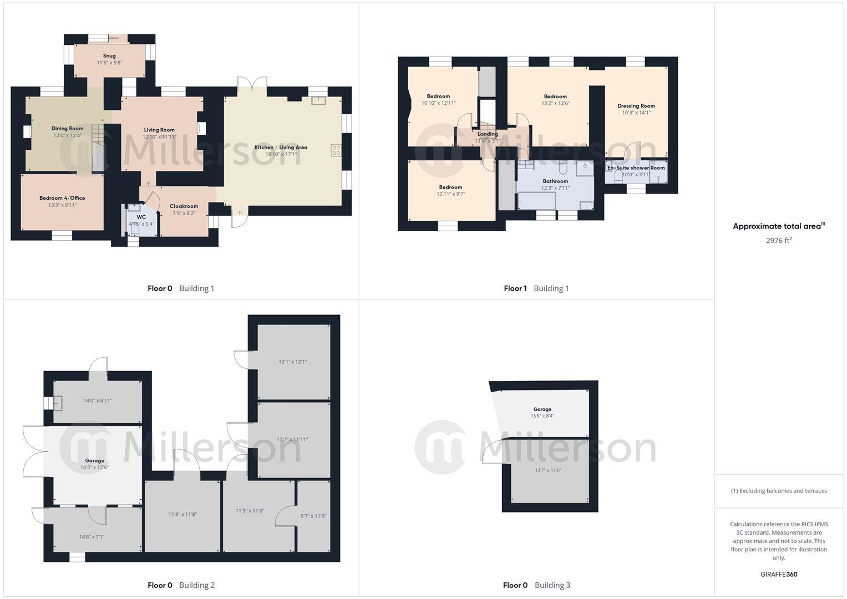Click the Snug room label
pyautogui.click(x=109, y=55)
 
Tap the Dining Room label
pyautogui.click(x=67, y=129)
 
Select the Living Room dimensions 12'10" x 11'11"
pyautogui.click(x=159, y=137)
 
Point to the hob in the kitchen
pyautogui.click(x=336, y=150)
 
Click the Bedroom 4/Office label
pyautogui.click(x=62, y=198)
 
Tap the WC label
pyautogui.click(x=141, y=217)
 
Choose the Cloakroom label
pyautogui.click(x=184, y=206)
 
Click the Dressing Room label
pyautogui.click(x=636, y=106)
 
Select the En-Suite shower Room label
pyautogui.click(x=636, y=167)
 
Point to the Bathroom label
pyautogui.click(x=555, y=181)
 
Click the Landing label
pyautogui.click(x=488, y=134)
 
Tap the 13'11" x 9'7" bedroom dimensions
pyautogui.click(x=450, y=194)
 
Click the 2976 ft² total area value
pyautogui.click(x=778, y=241)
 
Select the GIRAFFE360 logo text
pyautogui.click(x=779, y=574)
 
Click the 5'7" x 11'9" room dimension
pyautogui.click(x=313, y=516)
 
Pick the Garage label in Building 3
pyautogui.click(x=542, y=409)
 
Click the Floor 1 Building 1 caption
pyautogui.click(x=536, y=288)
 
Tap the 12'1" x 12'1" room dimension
pyautogui.click(x=292, y=362)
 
